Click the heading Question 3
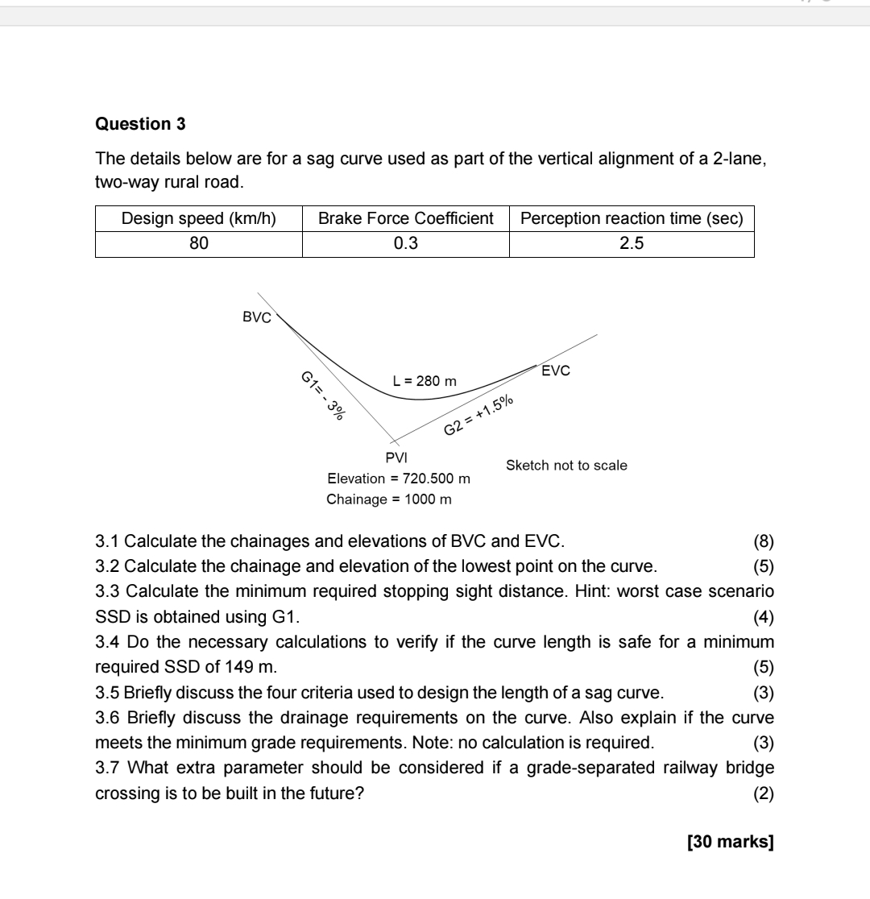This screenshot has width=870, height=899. coord(140,124)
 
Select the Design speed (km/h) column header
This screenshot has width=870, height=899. coord(198,219)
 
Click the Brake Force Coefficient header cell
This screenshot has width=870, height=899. coord(406,219)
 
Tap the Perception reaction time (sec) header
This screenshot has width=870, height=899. coord(632,219)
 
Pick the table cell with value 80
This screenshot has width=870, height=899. coord(198,243)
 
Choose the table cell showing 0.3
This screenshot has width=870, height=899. coord(406,243)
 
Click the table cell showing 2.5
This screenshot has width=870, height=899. coord(632,243)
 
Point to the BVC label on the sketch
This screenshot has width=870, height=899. coord(257,317)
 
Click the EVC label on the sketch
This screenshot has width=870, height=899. coord(556,371)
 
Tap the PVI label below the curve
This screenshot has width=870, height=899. coord(396,458)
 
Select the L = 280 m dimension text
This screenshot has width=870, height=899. coord(425,381)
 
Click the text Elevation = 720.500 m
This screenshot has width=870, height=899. coord(398,479)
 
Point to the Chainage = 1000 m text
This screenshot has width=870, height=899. coord(388,499)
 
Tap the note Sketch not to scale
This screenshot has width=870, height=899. coord(566,466)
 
